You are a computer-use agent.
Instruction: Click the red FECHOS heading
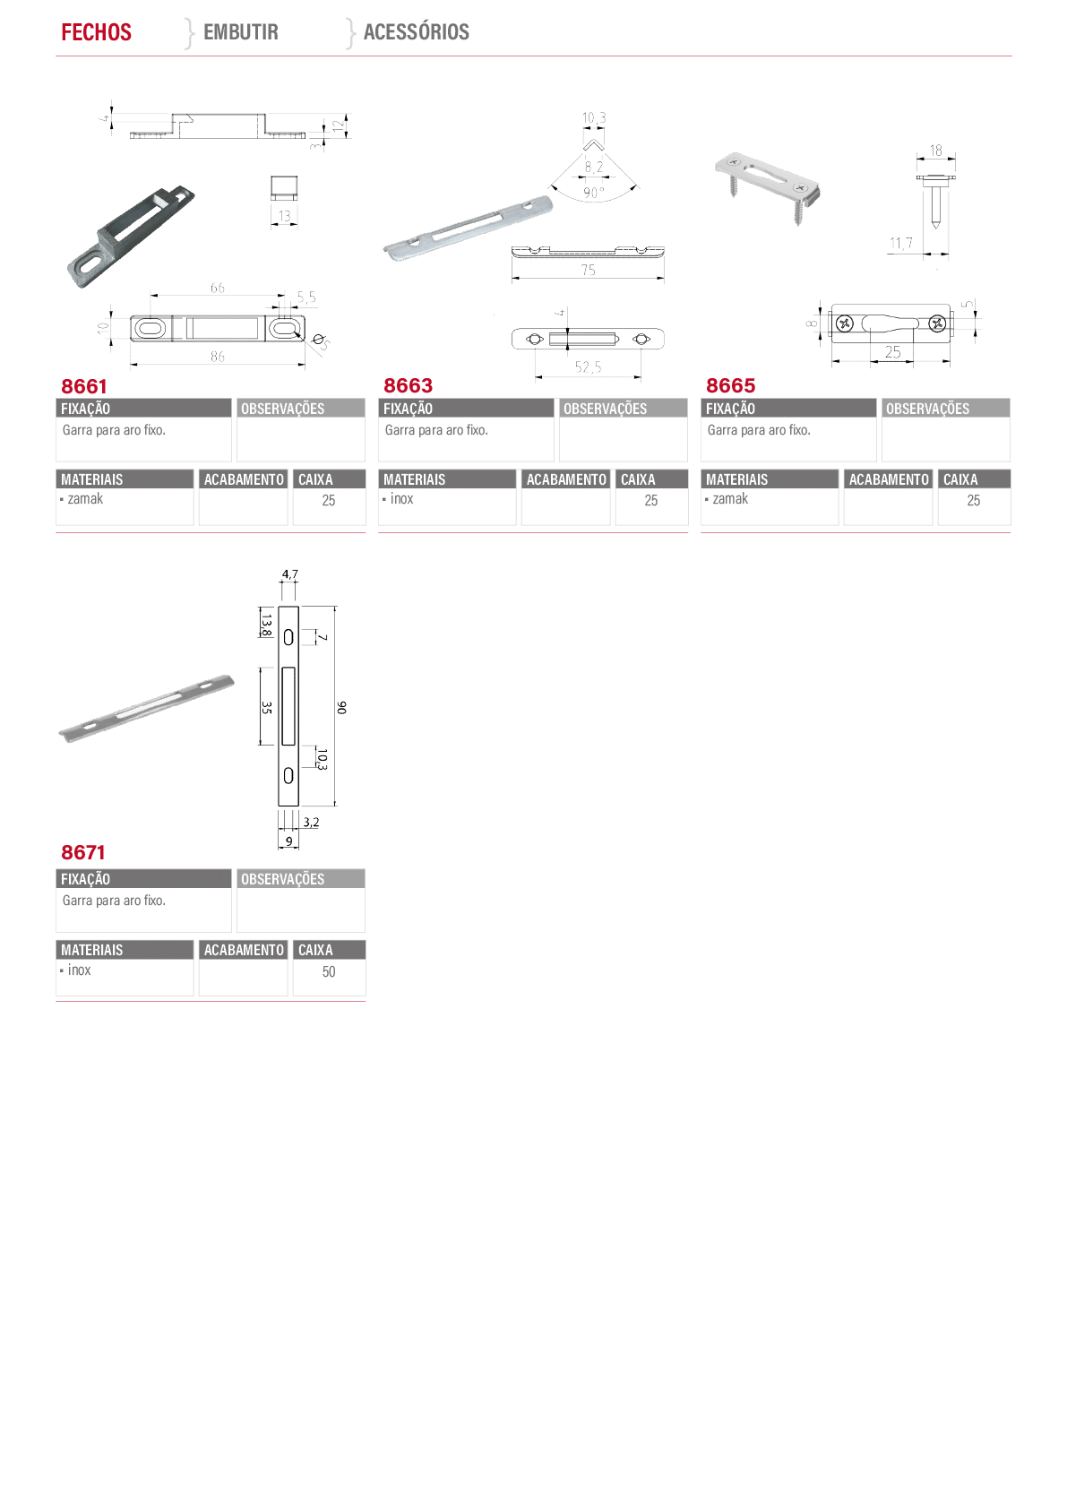point(96,31)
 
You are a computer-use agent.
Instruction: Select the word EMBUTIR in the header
point(240,31)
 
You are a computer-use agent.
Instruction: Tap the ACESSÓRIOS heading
point(417,31)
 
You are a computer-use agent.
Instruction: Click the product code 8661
point(84,386)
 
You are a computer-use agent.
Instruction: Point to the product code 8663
point(409,385)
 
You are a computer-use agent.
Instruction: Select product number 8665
point(731,385)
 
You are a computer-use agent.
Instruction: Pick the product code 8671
point(83,852)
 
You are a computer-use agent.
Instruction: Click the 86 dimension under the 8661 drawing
point(218,356)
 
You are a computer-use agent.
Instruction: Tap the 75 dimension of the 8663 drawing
point(588,270)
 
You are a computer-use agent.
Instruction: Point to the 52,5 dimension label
point(588,366)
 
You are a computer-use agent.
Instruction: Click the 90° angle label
point(593,193)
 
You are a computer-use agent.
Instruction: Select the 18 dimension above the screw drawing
point(935,151)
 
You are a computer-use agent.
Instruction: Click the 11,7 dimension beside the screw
point(900,243)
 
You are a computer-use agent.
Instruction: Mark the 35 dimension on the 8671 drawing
point(267,707)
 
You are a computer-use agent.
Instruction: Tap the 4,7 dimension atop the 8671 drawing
point(289,574)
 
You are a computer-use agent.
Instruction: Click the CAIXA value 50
point(329,971)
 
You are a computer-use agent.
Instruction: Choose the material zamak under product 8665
point(730,498)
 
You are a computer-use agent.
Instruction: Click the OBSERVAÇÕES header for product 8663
point(605,409)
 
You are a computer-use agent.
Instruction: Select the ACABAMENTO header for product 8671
point(244,950)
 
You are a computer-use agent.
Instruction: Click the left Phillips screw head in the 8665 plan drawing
point(844,323)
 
